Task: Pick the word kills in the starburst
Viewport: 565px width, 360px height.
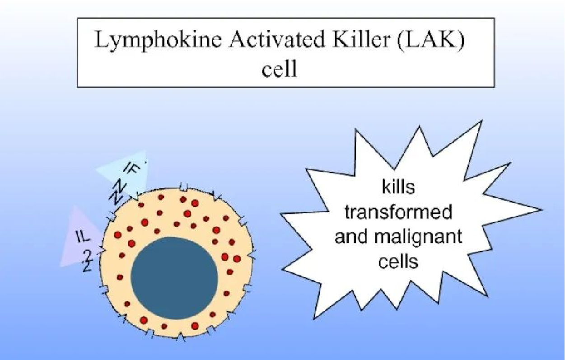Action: click(x=398, y=187)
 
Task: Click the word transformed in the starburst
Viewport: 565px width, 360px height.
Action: click(x=398, y=211)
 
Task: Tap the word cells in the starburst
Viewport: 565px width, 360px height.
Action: click(x=398, y=261)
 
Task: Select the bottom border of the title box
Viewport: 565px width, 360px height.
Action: click(x=285, y=87)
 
